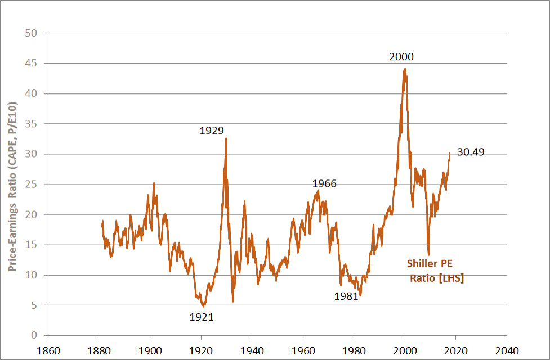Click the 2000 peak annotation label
click(x=401, y=57)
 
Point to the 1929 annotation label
click(x=212, y=131)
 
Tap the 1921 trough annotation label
click(x=201, y=317)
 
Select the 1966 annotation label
click(x=324, y=183)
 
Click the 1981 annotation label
click(x=346, y=296)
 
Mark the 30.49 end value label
click(x=471, y=152)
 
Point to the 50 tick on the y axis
click(x=32, y=33)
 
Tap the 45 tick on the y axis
click(x=32, y=64)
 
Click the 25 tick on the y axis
click(x=32, y=184)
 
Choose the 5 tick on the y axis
click(x=34, y=305)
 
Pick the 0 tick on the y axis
click(x=34, y=336)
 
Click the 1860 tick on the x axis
click(x=48, y=349)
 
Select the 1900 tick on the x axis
click(x=150, y=349)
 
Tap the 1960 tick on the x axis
click(x=303, y=349)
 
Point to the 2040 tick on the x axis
click(x=507, y=349)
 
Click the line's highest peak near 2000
click(x=405, y=69)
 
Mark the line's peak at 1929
click(x=226, y=138)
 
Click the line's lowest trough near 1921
click(x=203, y=306)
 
